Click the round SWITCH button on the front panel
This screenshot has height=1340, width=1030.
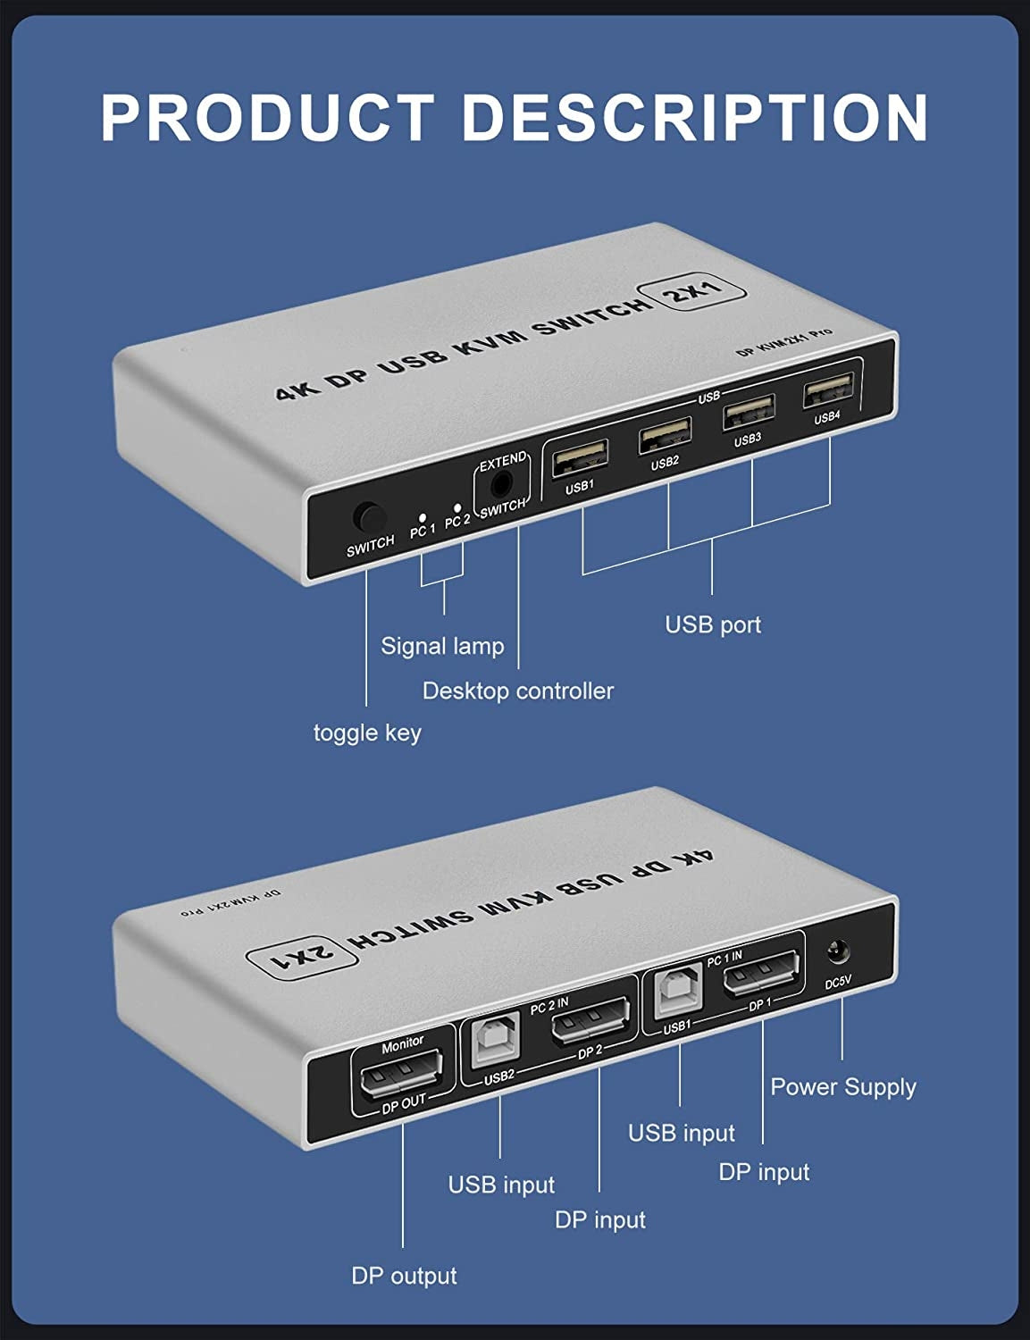click(368, 517)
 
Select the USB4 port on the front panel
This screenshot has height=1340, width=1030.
click(827, 391)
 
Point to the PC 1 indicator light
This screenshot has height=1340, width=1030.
click(423, 516)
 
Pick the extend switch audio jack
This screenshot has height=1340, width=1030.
click(502, 484)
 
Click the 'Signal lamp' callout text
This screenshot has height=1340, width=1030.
click(442, 646)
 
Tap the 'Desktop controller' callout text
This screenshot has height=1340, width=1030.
click(517, 691)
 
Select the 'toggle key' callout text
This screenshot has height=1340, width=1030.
click(367, 733)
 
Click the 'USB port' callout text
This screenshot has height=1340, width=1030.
click(712, 624)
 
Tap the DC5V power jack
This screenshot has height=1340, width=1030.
click(838, 954)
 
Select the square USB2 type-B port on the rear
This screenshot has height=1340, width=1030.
click(497, 1038)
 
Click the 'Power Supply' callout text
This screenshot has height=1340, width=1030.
click(842, 1087)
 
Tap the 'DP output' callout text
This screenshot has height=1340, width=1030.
click(404, 1276)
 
